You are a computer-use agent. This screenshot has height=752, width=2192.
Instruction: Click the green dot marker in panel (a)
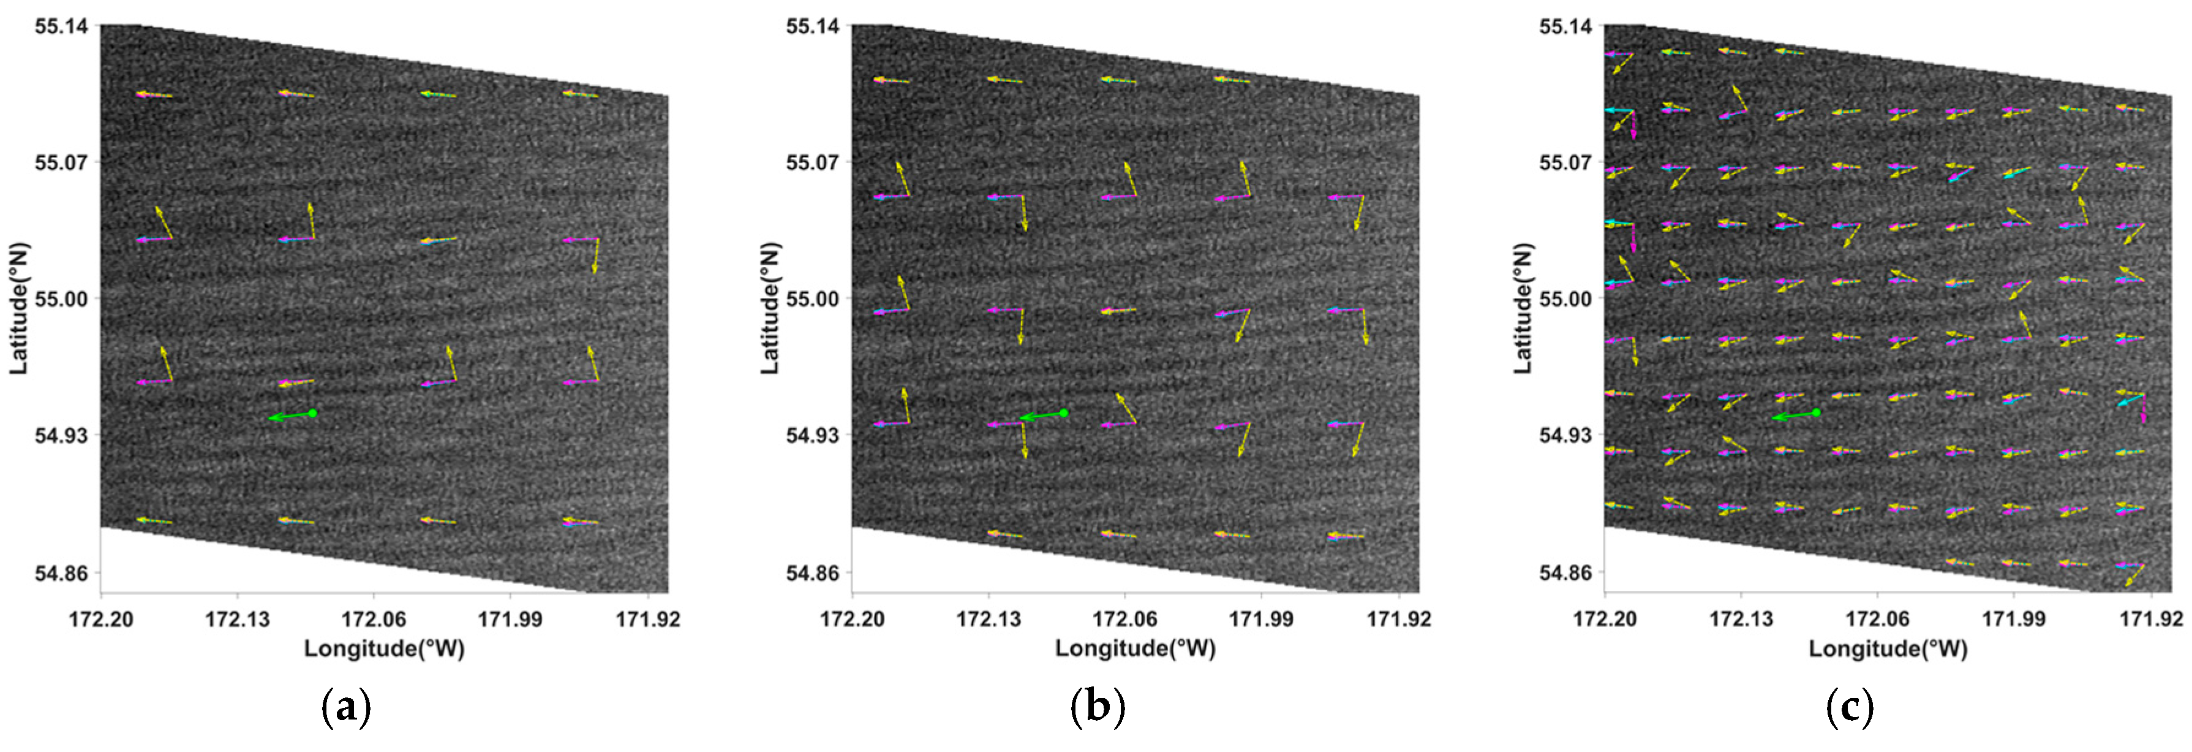tap(312, 413)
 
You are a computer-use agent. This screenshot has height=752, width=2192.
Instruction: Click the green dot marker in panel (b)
tap(1064, 413)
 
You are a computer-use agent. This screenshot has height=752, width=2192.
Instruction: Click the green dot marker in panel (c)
tap(1817, 413)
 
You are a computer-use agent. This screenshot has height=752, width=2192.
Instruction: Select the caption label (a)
tap(345, 707)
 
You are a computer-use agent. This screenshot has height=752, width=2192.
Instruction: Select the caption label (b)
tap(1097, 707)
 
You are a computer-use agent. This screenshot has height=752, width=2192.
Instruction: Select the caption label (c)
tap(1849, 707)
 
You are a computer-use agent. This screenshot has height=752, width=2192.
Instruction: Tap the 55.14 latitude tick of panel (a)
tap(61, 26)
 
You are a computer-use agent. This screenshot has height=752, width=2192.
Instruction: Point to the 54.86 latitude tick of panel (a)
tap(61, 572)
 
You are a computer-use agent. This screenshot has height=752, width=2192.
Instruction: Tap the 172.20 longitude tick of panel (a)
tap(100, 619)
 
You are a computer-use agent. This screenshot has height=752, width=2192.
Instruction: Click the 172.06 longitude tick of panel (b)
tap(1125, 619)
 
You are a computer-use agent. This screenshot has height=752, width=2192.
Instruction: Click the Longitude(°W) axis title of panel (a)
tap(384, 649)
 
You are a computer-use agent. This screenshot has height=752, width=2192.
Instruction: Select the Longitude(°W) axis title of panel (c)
tap(1888, 649)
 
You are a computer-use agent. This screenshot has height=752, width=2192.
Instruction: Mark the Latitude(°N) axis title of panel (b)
tap(769, 308)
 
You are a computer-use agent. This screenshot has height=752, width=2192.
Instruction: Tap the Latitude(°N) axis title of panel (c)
tap(1523, 308)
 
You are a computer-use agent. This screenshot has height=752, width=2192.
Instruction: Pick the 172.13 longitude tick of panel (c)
tap(1741, 619)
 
